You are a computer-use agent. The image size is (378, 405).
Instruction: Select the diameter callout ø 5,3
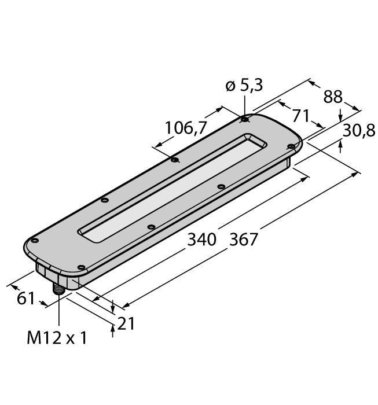click(243, 86)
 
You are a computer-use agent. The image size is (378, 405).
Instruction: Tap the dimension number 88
click(333, 97)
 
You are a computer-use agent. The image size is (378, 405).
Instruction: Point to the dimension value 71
click(300, 115)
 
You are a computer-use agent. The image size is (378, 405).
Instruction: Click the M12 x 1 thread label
click(57, 338)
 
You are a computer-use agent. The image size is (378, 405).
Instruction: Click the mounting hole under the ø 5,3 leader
click(245, 120)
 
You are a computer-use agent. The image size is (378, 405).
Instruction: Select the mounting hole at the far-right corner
click(291, 147)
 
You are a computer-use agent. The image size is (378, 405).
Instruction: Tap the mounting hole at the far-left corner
click(35, 240)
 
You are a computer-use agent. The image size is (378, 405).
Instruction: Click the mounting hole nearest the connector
click(81, 267)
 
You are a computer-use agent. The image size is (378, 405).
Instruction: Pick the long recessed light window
click(174, 186)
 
